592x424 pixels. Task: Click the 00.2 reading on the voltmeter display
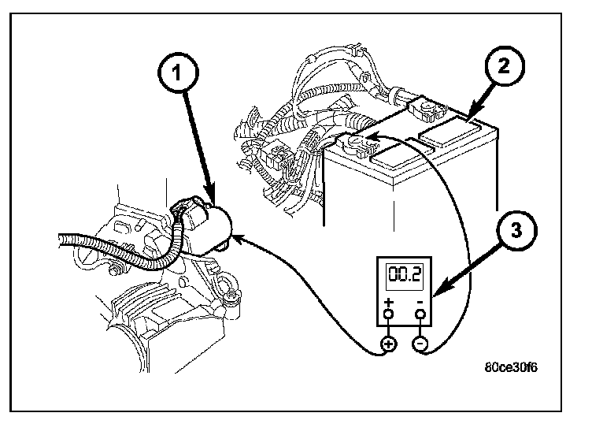(406, 275)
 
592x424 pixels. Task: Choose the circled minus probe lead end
(420, 344)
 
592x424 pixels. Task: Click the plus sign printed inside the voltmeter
(389, 303)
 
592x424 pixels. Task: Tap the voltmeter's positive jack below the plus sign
(389, 316)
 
